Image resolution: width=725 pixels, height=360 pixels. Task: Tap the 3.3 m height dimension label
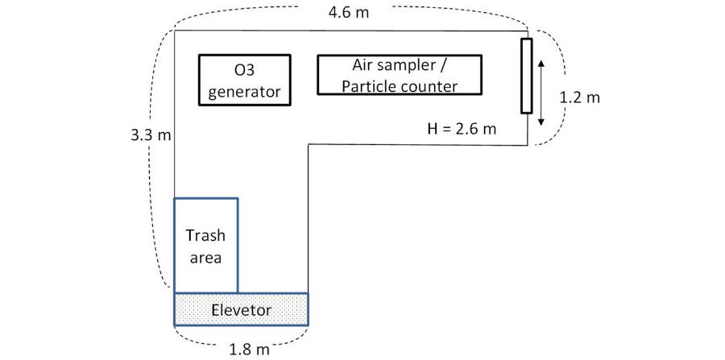(151, 134)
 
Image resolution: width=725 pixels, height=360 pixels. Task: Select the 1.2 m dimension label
(580, 97)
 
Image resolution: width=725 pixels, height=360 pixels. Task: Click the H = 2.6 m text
(461, 127)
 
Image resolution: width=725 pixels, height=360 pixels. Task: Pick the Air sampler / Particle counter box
(400, 75)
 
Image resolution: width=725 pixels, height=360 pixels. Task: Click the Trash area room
(206, 245)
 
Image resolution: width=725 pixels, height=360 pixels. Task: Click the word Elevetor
(242, 309)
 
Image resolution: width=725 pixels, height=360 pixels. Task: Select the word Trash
(205, 236)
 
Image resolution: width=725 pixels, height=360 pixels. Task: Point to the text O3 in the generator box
(244, 70)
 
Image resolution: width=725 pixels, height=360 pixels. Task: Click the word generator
(245, 91)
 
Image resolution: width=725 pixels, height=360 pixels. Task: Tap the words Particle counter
(400, 86)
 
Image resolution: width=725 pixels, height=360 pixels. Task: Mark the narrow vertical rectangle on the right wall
(526, 75)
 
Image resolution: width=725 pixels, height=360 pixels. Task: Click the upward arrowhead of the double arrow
(541, 62)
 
